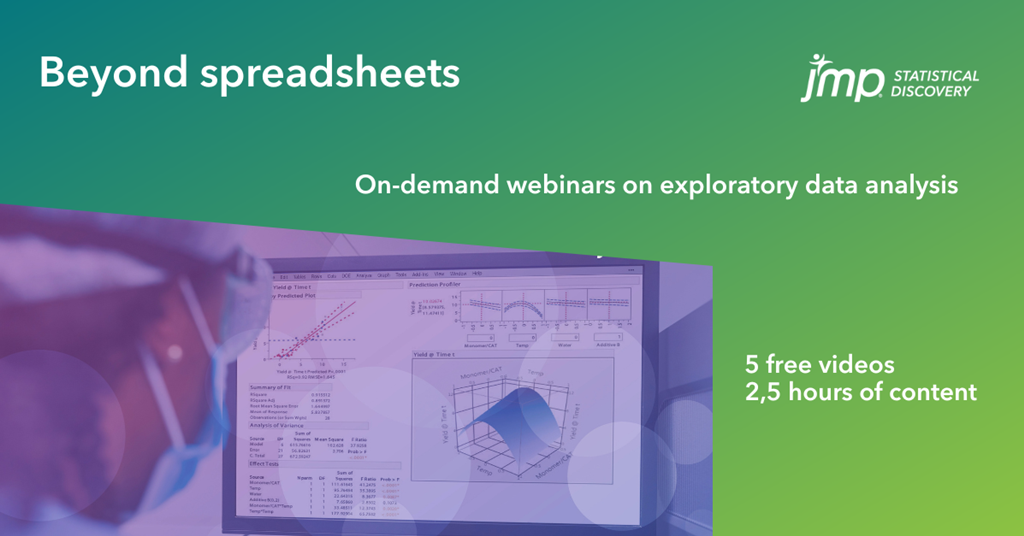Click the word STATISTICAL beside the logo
[935, 75]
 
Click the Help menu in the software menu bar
[477, 273]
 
